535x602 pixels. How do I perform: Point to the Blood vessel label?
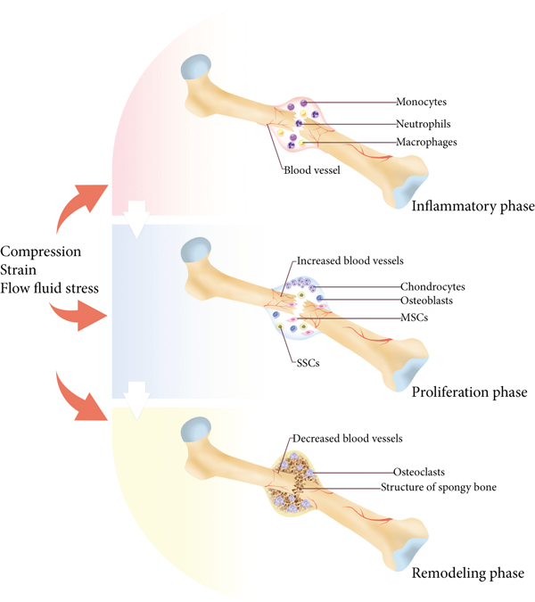tap(313, 170)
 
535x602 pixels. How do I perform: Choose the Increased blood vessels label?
tap(354, 260)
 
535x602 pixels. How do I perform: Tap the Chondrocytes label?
tap(432, 287)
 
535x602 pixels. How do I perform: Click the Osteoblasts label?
tap(427, 301)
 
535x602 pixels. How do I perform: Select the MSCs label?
tap(412, 317)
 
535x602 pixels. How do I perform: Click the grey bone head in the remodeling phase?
tap(195, 433)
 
